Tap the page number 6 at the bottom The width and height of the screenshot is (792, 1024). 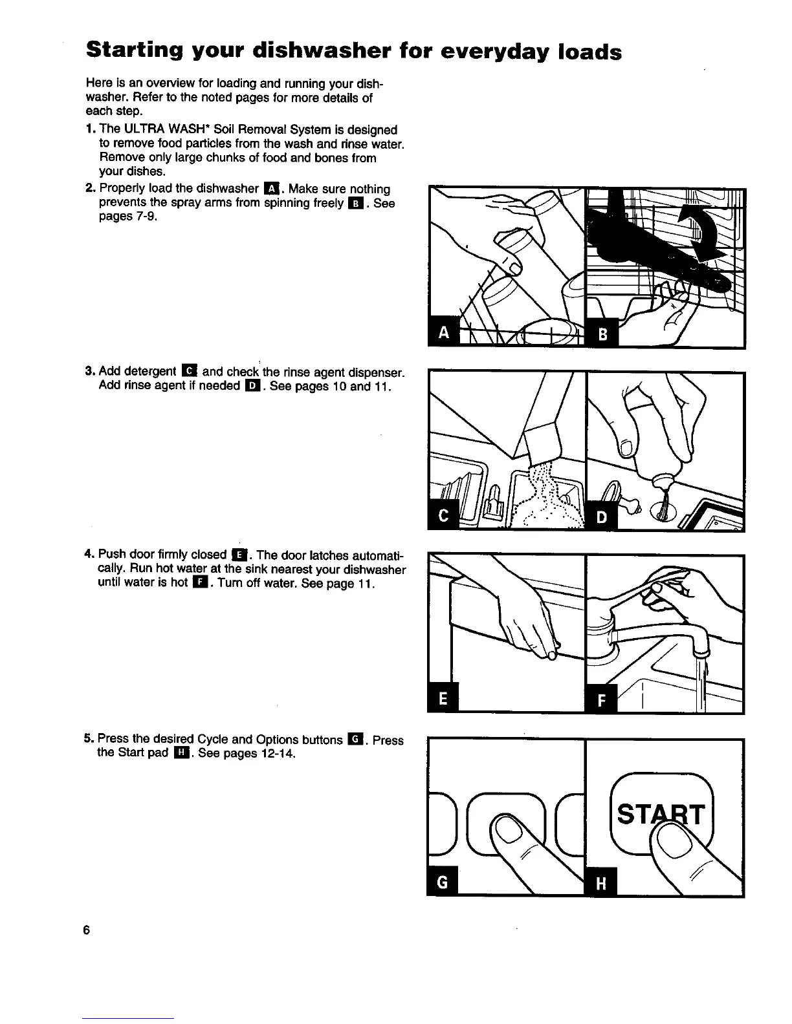click(85, 930)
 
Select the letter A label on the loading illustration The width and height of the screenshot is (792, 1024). click(443, 334)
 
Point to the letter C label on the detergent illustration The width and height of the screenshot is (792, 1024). click(443, 517)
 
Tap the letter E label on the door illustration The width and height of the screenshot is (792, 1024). click(443, 698)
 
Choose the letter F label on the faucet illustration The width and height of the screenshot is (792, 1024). click(601, 699)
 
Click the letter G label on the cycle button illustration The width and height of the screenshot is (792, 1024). click(443, 882)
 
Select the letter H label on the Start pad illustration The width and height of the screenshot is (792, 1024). click(601, 883)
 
